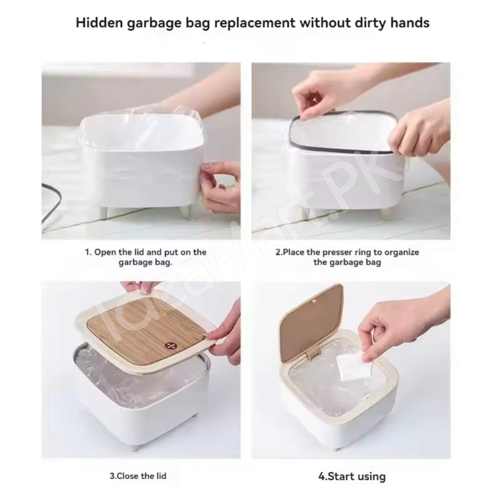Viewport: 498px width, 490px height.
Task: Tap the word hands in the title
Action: click(409, 23)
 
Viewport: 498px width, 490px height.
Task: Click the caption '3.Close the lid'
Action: click(138, 476)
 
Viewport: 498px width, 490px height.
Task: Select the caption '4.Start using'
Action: click(351, 476)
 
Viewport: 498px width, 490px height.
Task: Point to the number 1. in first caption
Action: click(89, 253)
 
